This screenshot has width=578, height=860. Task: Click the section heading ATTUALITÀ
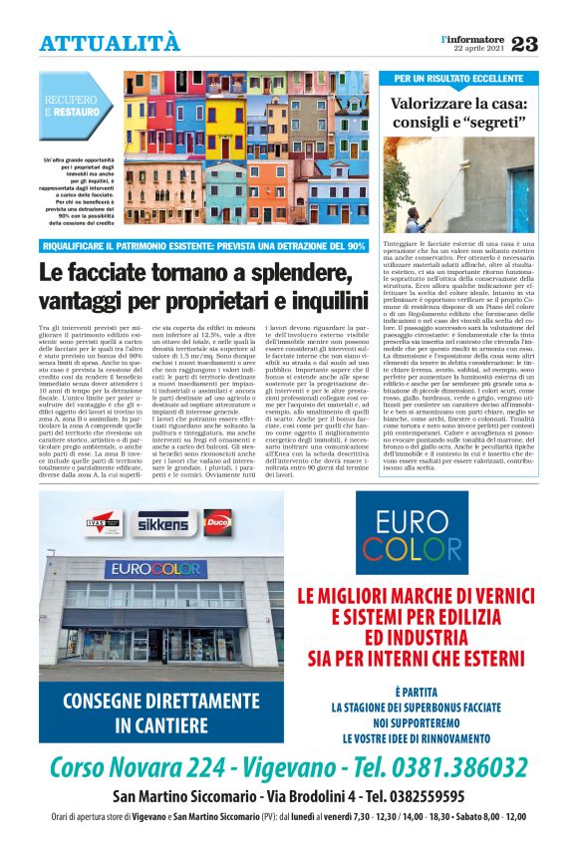(110, 43)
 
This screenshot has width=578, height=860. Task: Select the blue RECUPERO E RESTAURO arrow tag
(74, 107)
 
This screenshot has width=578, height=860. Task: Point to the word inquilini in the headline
(314, 299)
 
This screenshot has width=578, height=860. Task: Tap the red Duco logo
(215, 519)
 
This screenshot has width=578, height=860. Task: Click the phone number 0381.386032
(445, 767)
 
